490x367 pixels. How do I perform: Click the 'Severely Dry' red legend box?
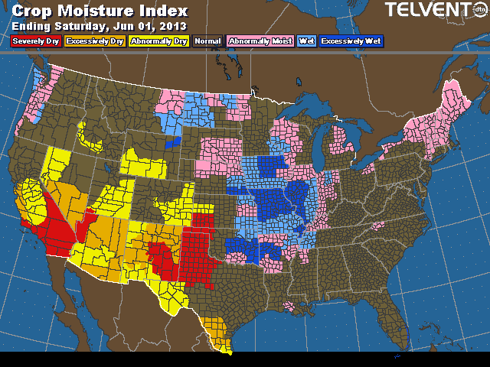coord(34,41)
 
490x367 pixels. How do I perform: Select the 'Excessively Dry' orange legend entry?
coord(94,41)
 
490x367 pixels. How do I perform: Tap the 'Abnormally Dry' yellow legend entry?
coord(158,41)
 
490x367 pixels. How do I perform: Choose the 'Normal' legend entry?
coord(207,41)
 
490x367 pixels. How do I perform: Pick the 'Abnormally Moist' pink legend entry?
coord(260,41)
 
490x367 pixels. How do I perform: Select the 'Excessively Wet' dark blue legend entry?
coord(353,41)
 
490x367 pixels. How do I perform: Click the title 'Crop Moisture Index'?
coord(100,11)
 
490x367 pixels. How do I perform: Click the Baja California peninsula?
coord(77,294)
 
